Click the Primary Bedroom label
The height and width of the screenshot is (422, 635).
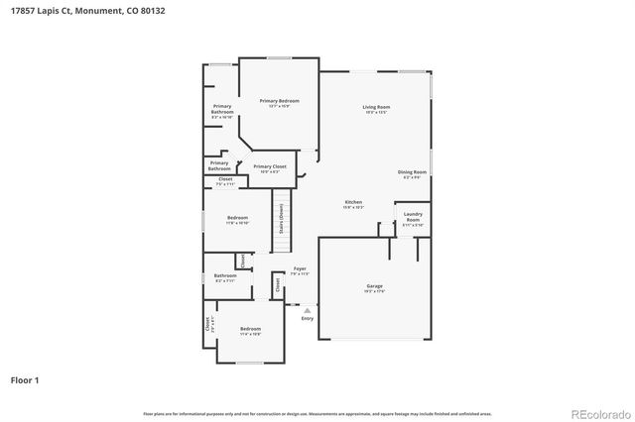(x=279, y=102)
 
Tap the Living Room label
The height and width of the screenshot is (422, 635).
(x=375, y=107)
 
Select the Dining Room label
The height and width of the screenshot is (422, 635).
(x=413, y=172)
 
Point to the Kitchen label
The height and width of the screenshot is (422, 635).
(x=353, y=201)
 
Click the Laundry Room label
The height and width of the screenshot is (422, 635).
(x=413, y=217)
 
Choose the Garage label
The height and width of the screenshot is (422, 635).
(x=374, y=286)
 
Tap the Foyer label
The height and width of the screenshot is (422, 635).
(x=299, y=268)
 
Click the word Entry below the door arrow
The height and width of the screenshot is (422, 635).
(x=307, y=318)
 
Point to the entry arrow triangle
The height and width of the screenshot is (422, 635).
(x=307, y=309)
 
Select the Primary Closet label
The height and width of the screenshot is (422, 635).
(x=270, y=166)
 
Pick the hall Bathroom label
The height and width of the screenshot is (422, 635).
(x=225, y=275)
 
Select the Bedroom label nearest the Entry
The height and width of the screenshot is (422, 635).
(x=250, y=329)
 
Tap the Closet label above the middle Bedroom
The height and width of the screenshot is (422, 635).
(x=225, y=179)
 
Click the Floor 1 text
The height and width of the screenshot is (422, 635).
(x=26, y=379)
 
